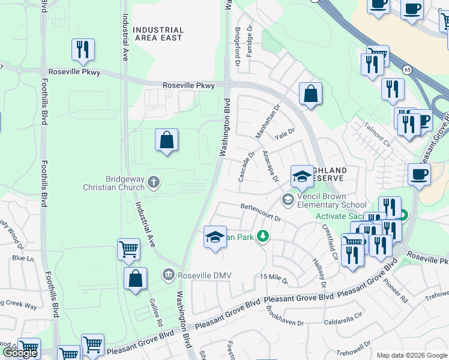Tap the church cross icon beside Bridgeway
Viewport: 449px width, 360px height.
click(154, 182)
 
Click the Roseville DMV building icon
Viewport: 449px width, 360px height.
click(169, 275)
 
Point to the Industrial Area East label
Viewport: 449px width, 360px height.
click(158, 34)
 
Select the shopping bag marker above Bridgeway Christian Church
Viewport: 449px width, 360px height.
click(167, 140)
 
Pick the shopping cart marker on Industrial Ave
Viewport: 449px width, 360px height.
click(128, 249)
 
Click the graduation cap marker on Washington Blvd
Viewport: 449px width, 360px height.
click(214, 237)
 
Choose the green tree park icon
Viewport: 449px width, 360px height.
click(262, 236)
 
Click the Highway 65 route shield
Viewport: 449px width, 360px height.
click(406, 70)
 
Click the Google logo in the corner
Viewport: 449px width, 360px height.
click(19, 353)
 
